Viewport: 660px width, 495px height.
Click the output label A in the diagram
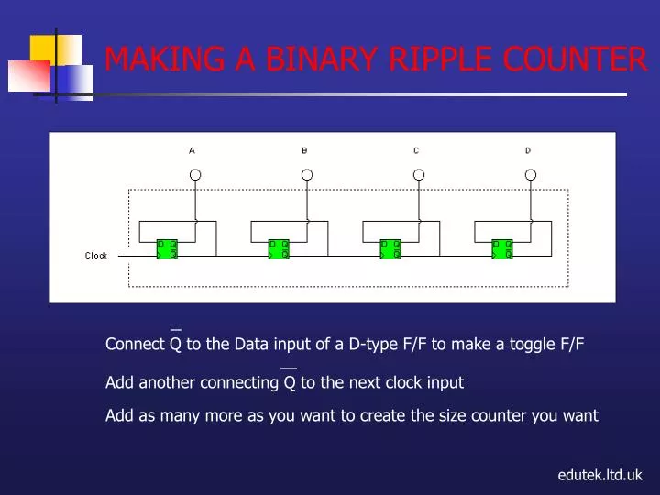click(x=192, y=150)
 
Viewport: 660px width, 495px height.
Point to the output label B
click(x=304, y=150)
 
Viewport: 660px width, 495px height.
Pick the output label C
click(x=416, y=150)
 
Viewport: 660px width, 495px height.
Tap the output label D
click(x=528, y=150)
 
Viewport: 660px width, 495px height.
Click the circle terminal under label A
click(x=195, y=174)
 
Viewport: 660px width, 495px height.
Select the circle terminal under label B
click(x=307, y=174)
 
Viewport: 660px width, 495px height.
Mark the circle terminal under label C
click(x=419, y=174)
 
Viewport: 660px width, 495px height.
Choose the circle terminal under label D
click(x=529, y=174)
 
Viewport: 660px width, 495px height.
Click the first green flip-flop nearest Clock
click(x=167, y=249)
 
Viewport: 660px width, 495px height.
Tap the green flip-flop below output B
click(x=279, y=249)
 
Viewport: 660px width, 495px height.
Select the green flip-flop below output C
click(x=390, y=249)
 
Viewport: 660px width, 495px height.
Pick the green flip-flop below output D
click(x=502, y=249)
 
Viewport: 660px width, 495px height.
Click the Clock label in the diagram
click(x=96, y=256)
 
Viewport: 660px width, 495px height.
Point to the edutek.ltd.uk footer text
click(x=600, y=475)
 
